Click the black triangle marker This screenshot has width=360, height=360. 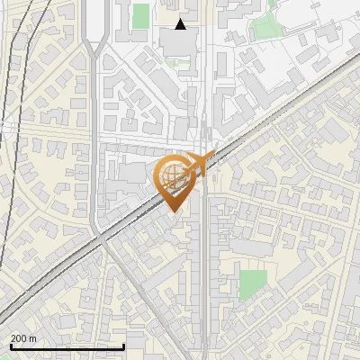click(x=181, y=24)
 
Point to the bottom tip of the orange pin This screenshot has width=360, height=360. click(x=172, y=211)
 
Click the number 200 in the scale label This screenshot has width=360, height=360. click(x=21, y=339)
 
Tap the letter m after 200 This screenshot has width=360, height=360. click(x=33, y=339)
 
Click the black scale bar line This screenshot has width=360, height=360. click(x=67, y=346)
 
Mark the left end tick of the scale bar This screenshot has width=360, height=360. click(x=11, y=345)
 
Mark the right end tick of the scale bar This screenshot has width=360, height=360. click(x=122, y=345)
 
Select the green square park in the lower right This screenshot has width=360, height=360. click(x=253, y=283)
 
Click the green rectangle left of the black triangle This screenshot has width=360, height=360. click(x=140, y=15)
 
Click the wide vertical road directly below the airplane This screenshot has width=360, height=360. click(x=204, y=270)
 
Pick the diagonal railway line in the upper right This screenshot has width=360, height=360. click(x=297, y=100)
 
